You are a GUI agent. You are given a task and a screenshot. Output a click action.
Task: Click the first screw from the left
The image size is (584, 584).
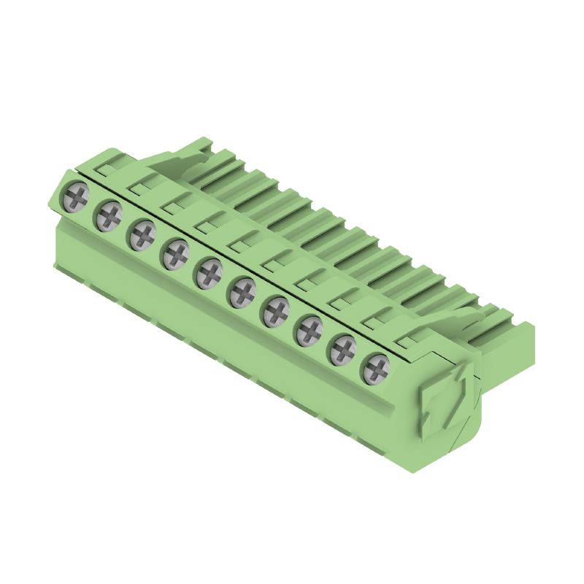76,195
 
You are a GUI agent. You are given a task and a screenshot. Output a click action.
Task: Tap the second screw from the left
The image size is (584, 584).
109,215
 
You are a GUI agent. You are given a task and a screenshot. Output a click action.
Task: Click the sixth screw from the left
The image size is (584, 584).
242,293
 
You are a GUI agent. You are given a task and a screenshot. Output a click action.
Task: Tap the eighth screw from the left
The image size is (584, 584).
310,331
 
